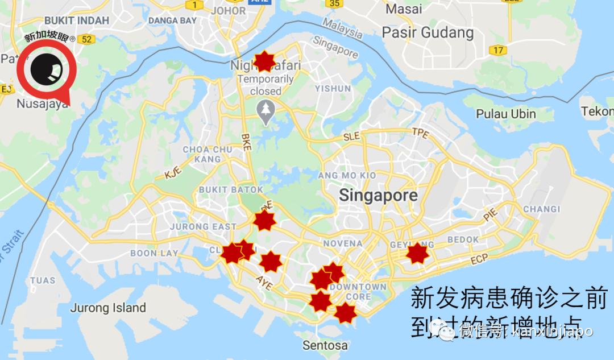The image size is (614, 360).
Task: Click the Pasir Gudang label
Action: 428,32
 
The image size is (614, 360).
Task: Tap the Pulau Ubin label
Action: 506,114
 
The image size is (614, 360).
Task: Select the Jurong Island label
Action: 108,308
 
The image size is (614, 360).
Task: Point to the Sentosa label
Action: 325,345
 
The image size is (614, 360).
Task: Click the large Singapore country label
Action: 378,196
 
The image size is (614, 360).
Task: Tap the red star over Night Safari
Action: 264,61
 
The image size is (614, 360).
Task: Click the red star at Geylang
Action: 417,253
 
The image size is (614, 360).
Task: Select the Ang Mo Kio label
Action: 347,175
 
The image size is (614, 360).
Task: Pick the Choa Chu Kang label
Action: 208,154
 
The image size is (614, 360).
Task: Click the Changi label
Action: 542,209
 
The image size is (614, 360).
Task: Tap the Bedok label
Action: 463,239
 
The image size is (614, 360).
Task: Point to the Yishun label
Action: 333,89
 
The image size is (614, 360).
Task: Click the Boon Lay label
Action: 154,253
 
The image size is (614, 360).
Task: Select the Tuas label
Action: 43,280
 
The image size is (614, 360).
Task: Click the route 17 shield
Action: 498,51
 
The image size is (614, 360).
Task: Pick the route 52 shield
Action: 86,39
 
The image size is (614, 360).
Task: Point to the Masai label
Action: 404,9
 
